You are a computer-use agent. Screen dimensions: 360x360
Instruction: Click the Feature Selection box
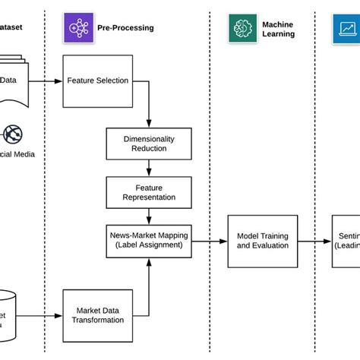[x=97, y=80]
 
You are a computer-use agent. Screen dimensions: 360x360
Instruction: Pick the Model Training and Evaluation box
[x=262, y=240]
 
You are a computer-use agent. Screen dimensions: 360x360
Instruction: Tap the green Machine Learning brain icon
[x=242, y=27]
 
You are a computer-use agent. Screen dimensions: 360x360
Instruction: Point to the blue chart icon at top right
[x=347, y=27]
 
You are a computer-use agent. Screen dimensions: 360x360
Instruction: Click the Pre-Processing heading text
[x=125, y=28]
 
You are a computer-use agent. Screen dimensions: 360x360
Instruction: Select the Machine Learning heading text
[x=278, y=28]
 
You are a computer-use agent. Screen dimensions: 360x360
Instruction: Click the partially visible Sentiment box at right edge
[x=346, y=240]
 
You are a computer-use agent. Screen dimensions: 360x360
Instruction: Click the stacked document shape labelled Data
[x=11, y=80]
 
